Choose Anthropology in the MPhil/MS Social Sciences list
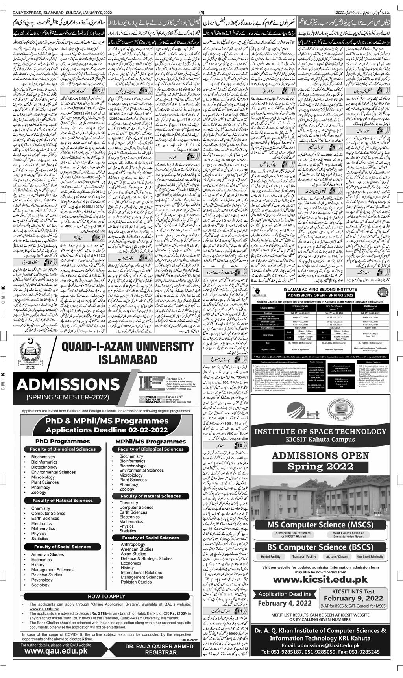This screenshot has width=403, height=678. [133, 545]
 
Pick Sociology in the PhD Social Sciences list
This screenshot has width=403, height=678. [41, 585]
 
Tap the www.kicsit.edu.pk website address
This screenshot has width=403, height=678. [320, 579]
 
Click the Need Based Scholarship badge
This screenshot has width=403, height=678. [370, 557]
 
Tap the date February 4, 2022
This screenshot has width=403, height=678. [282, 603]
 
